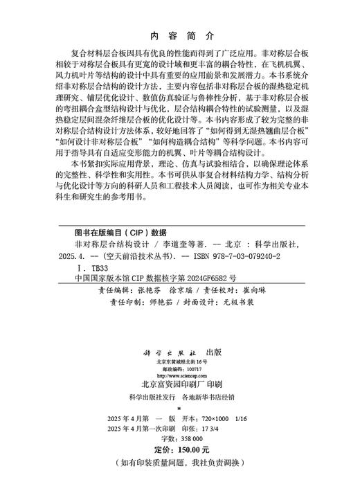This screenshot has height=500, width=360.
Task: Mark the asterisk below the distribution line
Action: point(179,410)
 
